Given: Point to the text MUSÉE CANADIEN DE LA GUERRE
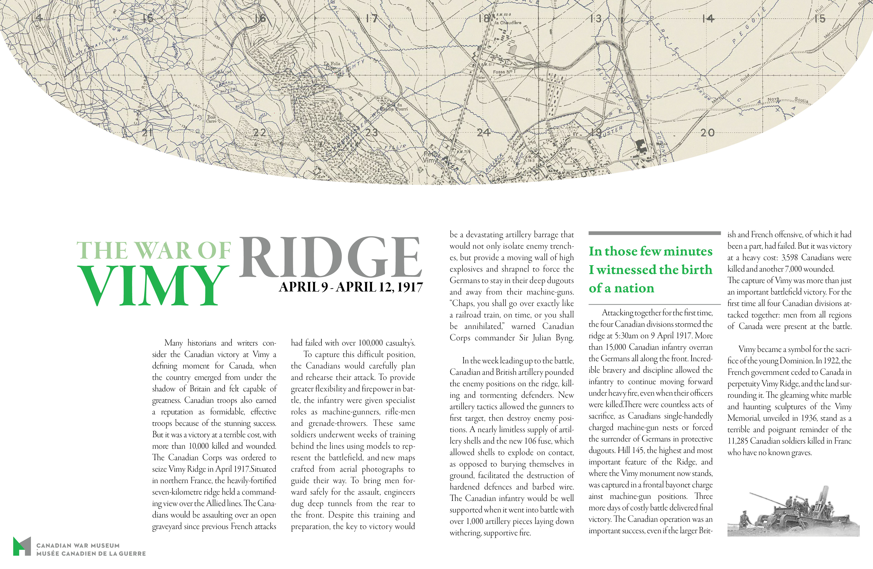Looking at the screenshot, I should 91,553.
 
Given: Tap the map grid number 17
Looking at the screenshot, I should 371,18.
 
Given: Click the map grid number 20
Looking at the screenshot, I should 707,132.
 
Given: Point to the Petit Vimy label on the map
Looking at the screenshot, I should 431,157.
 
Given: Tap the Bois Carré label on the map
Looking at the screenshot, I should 211,119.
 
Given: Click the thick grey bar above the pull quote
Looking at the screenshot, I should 654,233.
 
